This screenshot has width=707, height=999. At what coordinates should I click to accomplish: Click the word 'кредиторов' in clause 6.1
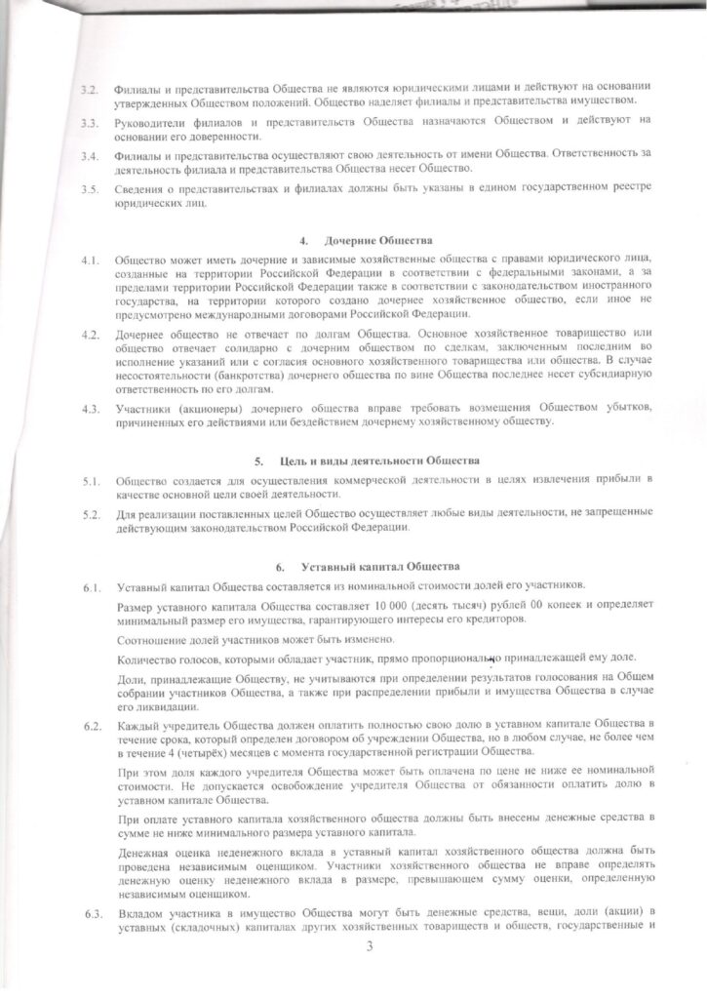coord(503,622)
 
